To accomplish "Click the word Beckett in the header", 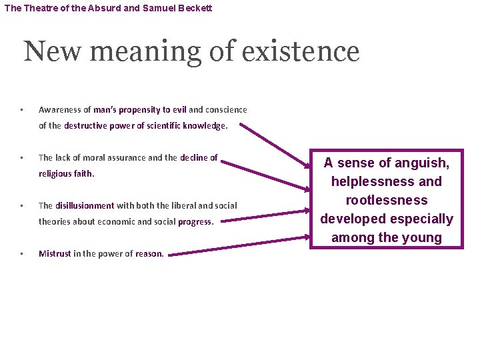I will (x=195, y=9).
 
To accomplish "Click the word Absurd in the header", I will (x=101, y=9).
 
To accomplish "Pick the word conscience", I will (x=227, y=109).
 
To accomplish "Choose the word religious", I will (x=57, y=173).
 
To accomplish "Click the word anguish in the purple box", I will (x=421, y=162).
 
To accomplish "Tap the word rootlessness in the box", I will (x=386, y=200).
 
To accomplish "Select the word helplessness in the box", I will (x=373, y=181).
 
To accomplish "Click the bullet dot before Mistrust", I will (x=22, y=253).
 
